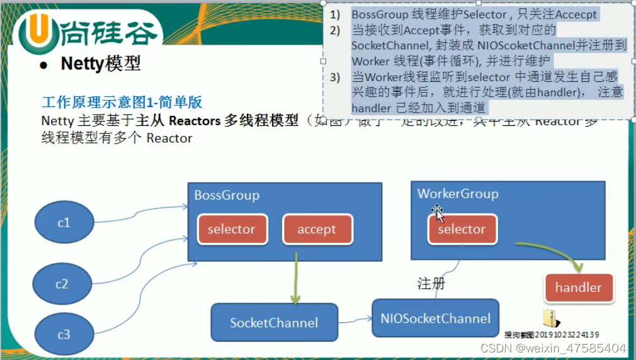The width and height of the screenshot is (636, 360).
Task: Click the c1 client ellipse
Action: (x=64, y=223)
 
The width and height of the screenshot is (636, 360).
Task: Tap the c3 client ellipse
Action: (x=64, y=335)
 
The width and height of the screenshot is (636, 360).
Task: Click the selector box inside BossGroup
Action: (x=231, y=229)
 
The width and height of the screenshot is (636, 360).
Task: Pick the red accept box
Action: (x=317, y=229)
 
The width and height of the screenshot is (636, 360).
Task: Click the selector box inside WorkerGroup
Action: (x=462, y=229)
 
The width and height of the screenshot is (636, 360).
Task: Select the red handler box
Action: (x=578, y=288)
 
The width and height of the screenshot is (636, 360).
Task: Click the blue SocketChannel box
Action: (x=274, y=323)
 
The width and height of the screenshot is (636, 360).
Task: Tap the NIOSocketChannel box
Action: (x=435, y=318)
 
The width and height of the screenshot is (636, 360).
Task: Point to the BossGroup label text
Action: (x=227, y=195)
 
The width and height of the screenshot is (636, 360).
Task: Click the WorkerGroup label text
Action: (x=458, y=194)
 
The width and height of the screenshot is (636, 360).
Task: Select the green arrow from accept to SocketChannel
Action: (x=295, y=278)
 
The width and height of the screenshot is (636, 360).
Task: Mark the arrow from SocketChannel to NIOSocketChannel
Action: (x=355, y=320)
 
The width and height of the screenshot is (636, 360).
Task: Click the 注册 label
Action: (x=431, y=284)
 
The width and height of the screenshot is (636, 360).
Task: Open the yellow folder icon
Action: (x=550, y=318)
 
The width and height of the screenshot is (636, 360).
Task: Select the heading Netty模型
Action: (x=101, y=64)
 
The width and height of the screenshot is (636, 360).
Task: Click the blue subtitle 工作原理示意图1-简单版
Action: (x=122, y=103)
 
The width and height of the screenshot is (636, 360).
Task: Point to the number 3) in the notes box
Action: (x=334, y=77)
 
